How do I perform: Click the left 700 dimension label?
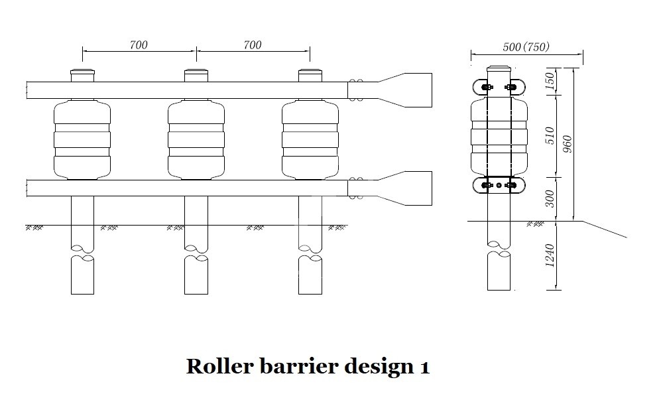point(139,45)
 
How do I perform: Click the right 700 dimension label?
point(253,45)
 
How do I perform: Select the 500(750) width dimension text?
point(526,47)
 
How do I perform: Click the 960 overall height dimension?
point(568,144)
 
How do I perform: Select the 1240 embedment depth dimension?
point(548,255)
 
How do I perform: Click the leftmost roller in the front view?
point(82,139)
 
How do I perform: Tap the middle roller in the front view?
point(196,139)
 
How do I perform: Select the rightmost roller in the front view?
point(310,139)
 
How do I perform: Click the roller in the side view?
point(499,136)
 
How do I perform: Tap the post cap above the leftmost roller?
point(82,74)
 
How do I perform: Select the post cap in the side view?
point(499,70)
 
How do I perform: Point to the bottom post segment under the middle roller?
point(196,275)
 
